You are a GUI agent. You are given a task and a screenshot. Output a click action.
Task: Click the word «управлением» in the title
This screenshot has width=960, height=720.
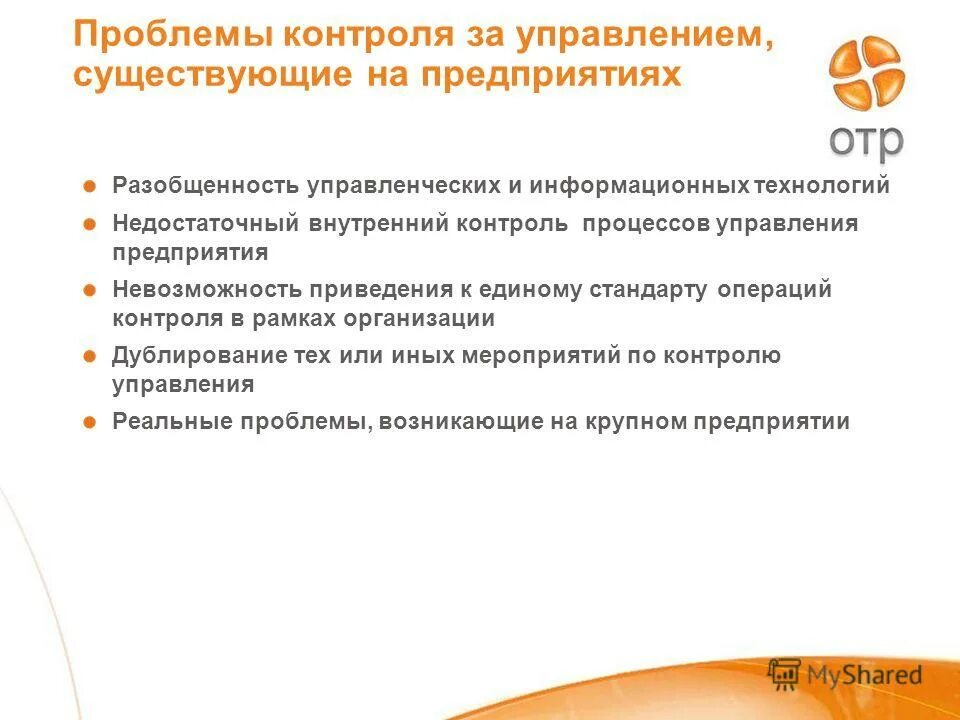point(643,37)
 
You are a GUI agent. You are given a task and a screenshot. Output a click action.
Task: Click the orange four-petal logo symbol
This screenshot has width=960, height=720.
point(866,75)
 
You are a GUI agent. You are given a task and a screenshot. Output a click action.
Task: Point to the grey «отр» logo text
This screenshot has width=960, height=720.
point(866,140)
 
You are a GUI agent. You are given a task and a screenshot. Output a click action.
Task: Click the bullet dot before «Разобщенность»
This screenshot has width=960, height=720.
point(89,186)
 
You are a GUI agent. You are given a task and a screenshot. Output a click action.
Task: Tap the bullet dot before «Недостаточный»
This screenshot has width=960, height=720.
point(89,224)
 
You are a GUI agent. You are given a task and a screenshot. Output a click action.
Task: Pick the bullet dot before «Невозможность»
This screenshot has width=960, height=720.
point(89,290)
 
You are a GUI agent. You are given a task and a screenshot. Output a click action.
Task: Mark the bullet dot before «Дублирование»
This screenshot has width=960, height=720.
point(89,356)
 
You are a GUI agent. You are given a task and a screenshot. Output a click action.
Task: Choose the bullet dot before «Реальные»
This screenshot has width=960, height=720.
point(89,422)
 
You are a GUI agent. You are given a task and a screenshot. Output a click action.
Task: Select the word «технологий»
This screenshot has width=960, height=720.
point(822,186)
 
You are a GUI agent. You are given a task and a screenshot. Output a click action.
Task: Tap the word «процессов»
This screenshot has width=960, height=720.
point(646,224)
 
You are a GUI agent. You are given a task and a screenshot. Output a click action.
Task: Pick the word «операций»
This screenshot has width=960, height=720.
point(776,290)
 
